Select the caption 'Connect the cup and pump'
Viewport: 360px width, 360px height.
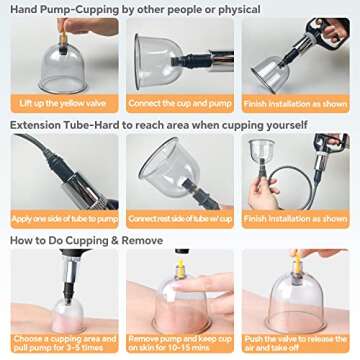(180, 103)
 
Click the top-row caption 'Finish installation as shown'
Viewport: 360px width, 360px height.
(296, 103)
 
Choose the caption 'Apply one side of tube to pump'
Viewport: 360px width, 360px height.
(64, 218)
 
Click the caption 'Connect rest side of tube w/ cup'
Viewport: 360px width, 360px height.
(180, 218)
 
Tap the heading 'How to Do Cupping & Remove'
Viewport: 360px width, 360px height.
(88, 241)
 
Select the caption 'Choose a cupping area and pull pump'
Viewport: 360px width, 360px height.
(64, 343)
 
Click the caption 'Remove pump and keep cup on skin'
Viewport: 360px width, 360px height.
(180, 343)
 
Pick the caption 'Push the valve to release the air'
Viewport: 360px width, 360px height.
(296, 343)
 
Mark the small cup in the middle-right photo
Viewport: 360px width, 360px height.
(262, 155)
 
